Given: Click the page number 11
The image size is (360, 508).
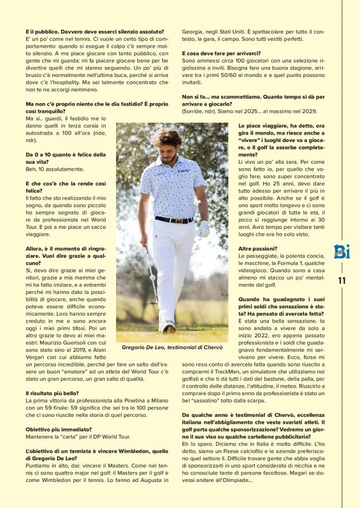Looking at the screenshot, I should point(341,280).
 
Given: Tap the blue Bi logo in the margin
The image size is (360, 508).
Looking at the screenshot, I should point(341,252).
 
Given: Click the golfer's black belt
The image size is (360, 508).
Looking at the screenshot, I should point(173,220).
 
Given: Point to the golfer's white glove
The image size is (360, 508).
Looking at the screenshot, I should point(203,229).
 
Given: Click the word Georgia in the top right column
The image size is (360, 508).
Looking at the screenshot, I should point(193,30).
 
